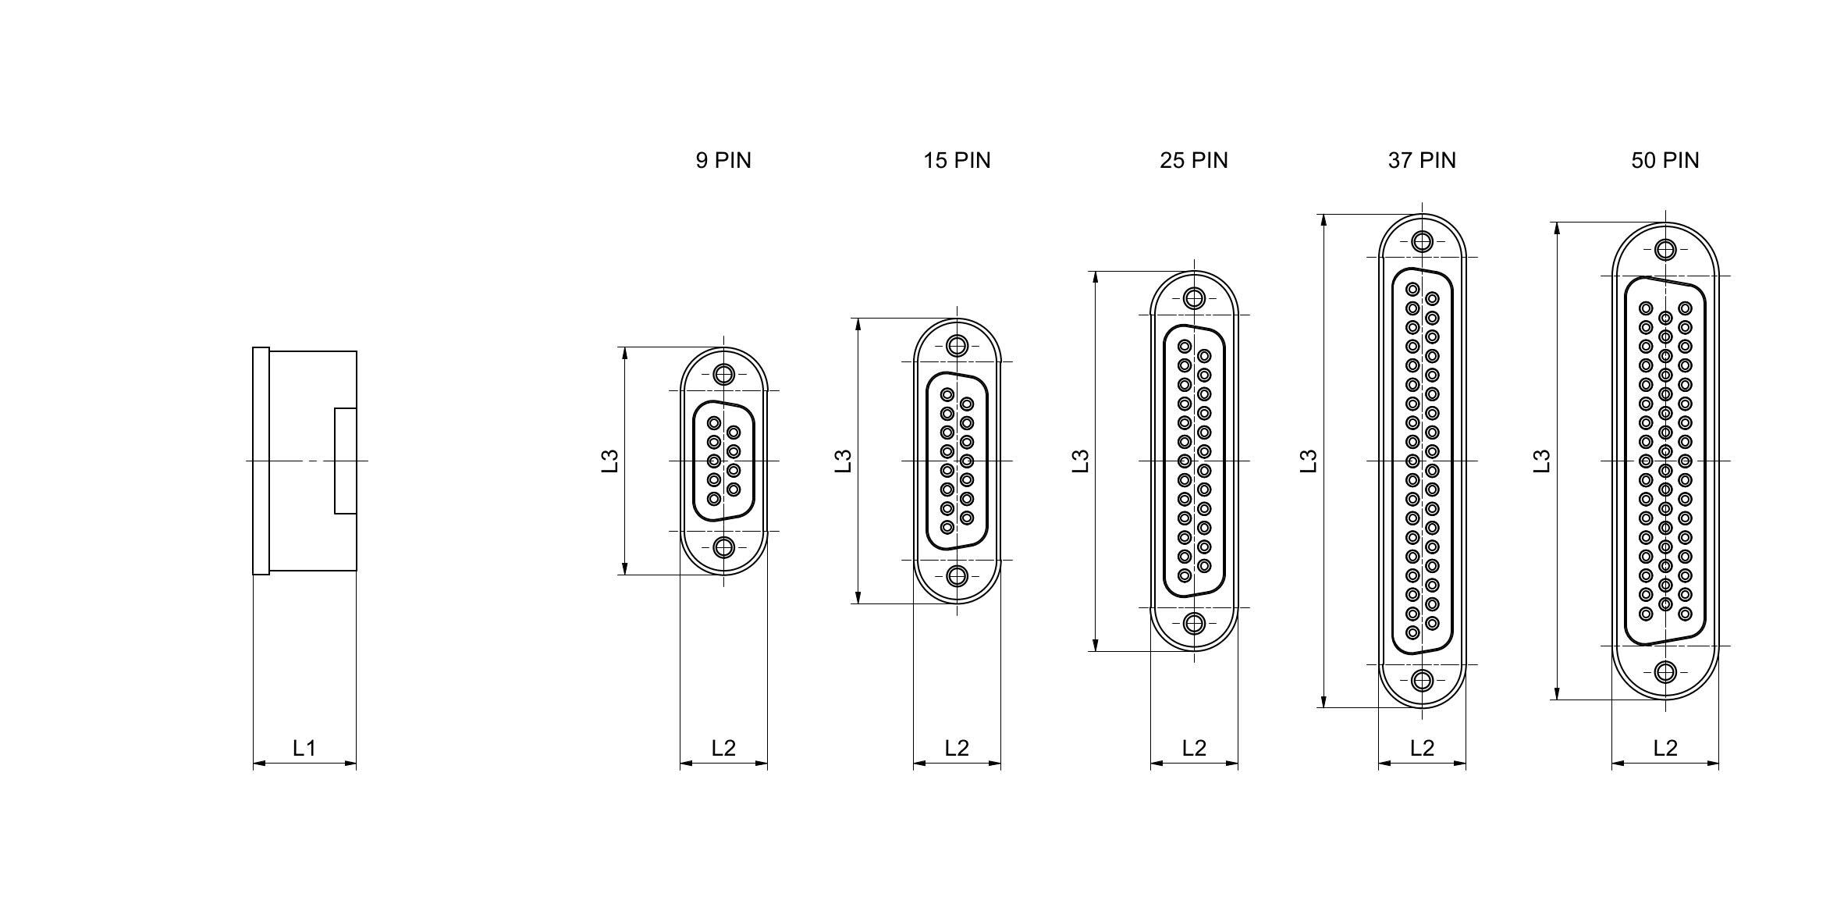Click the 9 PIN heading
coord(723,160)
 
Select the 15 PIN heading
coord(957,160)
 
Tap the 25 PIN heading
coord(1194,160)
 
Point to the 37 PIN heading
coord(1422,160)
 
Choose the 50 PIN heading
coord(1665,160)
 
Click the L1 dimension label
coord(304,748)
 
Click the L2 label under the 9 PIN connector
coord(723,748)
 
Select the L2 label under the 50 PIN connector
coord(1665,748)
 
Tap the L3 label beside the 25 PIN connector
coord(1080,461)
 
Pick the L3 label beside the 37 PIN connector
coord(1309,461)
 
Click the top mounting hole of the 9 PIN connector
coord(724,375)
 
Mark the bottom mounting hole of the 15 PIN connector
coord(957,576)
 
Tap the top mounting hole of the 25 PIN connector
coord(1194,298)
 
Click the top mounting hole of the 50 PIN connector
coord(1666,250)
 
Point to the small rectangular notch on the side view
coord(346,461)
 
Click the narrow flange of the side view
coord(261,461)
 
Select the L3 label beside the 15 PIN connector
coord(842,461)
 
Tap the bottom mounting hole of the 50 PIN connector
coord(1666,672)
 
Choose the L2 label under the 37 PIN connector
coord(1422,748)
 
